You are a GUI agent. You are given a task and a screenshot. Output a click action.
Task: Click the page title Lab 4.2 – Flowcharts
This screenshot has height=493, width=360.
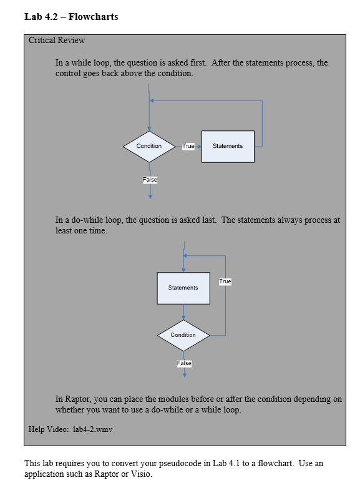click(x=71, y=17)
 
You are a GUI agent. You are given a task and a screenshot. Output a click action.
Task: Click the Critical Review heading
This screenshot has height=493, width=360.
click(x=57, y=41)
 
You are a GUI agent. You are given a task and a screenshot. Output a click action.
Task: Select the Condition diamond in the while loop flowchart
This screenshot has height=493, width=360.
click(x=149, y=146)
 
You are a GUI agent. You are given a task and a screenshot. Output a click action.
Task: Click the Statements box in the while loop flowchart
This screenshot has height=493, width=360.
click(x=228, y=146)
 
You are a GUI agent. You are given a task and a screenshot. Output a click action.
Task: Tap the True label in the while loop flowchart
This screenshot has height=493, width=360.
click(x=188, y=146)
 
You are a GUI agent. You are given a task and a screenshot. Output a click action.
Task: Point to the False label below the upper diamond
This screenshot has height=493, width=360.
click(x=150, y=180)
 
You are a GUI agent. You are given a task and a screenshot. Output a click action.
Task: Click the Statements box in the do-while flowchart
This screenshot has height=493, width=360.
click(x=183, y=288)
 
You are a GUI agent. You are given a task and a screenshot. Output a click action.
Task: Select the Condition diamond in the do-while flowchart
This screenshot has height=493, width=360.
click(x=183, y=335)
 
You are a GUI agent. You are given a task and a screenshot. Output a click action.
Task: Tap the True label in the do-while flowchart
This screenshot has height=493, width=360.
click(x=225, y=282)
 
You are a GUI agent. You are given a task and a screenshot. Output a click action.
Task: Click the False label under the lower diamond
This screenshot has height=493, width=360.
click(x=184, y=363)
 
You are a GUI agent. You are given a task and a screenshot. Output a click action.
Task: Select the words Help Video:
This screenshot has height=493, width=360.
click(x=49, y=429)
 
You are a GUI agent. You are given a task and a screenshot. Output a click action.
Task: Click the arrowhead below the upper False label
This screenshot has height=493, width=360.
click(x=150, y=195)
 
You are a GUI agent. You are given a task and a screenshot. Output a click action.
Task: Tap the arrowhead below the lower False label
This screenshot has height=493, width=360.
click(x=184, y=375)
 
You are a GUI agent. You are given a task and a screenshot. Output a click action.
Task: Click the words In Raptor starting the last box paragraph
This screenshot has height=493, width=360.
click(x=74, y=399)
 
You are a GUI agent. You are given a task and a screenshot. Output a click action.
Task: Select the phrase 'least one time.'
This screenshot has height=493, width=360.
click(x=82, y=230)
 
